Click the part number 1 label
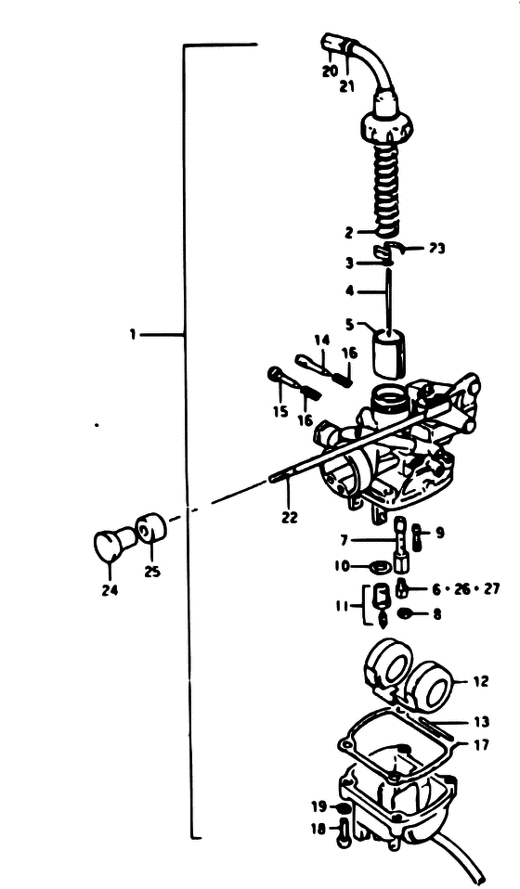point(132,334)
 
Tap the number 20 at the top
point(330,71)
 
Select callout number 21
point(346,86)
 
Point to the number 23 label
point(437,249)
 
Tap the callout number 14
point(321,341)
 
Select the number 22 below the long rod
point(289,517)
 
